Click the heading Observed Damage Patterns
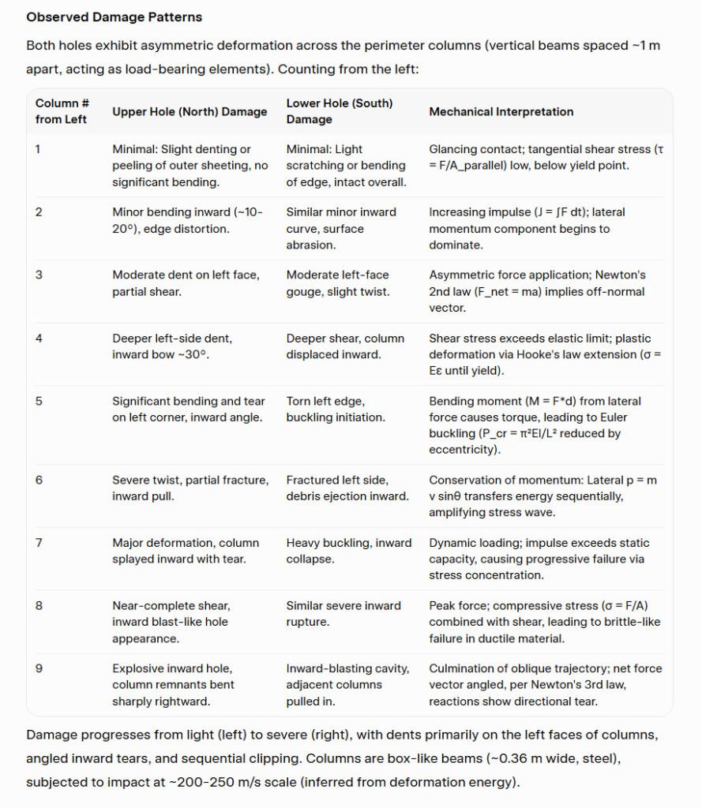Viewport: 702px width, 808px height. click(114, 17)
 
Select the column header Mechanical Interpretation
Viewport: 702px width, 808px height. click(501, 112)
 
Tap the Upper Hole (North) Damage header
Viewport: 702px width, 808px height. click(190, 112)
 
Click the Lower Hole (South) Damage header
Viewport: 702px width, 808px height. click(339, 111)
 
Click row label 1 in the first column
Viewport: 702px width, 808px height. click(39, 149)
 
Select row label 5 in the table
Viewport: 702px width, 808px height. click(39, 401)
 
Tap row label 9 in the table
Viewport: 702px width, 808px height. click(39, 668)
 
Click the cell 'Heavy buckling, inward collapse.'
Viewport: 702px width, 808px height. click(348, 551)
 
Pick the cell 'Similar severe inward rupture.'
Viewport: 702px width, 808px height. click(343, 614)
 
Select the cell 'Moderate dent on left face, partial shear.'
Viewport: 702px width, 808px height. click(185, 283)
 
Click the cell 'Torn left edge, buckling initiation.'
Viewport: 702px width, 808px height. click(335, 409)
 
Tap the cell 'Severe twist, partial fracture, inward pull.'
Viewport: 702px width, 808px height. click(190, 488)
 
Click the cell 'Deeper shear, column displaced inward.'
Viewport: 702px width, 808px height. click(344, 346)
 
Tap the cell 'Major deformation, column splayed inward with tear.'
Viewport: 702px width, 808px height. click(185, 551)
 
